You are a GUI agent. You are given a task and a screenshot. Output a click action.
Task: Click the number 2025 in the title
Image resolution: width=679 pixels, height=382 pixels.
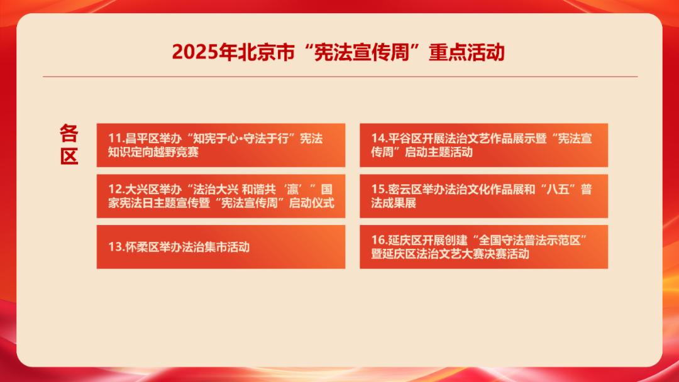tap(195, 52)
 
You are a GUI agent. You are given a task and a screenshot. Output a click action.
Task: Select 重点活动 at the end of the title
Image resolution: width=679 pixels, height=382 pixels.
tap(466, 52)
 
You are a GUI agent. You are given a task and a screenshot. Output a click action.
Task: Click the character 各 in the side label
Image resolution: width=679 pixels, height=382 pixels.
tap(69, 133)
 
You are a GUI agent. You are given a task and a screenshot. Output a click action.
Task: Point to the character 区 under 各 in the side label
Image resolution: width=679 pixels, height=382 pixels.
tap(69, 156)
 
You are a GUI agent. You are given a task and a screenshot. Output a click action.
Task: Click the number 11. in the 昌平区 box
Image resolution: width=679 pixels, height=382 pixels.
tap(116, 138)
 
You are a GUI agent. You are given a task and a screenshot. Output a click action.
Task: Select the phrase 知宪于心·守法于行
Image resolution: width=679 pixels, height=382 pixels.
tap(241, 138)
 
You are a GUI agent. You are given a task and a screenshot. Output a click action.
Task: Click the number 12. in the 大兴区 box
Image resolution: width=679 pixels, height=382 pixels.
tap(116, 190)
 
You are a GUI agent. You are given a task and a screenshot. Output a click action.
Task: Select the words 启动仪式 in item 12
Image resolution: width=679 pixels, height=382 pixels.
tap(312, 203)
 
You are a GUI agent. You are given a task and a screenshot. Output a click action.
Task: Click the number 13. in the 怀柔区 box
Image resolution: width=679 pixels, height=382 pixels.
tap(116, 247)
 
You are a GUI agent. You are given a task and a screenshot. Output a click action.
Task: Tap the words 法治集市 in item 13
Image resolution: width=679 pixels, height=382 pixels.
tap(204, 247)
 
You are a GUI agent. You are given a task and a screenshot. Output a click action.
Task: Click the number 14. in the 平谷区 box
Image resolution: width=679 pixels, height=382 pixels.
tap(379, 138)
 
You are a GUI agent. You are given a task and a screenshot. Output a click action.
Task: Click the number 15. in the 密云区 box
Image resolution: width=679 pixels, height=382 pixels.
tap(379, 190)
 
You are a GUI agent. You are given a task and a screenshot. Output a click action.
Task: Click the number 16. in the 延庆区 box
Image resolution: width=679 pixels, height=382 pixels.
tap(379, 240)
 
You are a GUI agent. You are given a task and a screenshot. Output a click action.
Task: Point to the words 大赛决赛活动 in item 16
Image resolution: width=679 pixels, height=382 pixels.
tap(495, 254)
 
